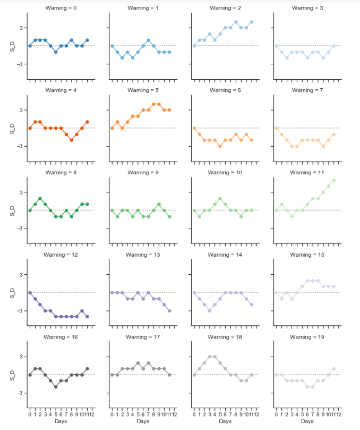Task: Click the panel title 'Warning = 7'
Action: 307,90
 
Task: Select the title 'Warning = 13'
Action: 143,255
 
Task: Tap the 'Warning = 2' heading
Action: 225,8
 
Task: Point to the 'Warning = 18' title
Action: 225,337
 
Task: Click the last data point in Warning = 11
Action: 333,180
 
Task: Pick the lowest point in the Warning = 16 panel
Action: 56,387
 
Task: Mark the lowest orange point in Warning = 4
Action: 71,140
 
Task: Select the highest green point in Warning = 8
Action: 40,198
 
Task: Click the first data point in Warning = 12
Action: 30,292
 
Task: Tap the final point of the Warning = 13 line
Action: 169,310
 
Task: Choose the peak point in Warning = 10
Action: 220,198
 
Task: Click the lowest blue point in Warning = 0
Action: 56,52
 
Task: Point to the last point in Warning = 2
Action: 251,22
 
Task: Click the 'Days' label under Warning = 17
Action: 143,421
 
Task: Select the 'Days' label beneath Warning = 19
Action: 307,421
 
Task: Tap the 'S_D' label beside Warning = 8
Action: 12,210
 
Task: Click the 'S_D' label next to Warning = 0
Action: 12,46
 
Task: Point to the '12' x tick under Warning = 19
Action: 338,414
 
